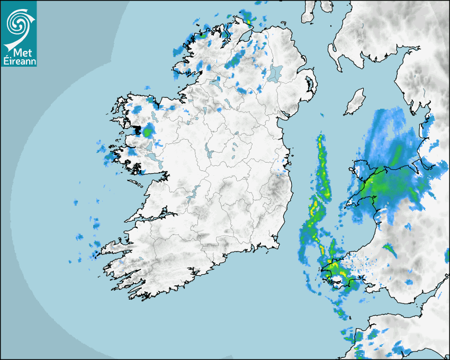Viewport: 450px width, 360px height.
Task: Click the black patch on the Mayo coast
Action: (138, 130)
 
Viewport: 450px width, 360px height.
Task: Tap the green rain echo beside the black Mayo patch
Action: (149, 130)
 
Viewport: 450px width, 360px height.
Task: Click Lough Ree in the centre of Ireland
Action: (208, 154)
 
